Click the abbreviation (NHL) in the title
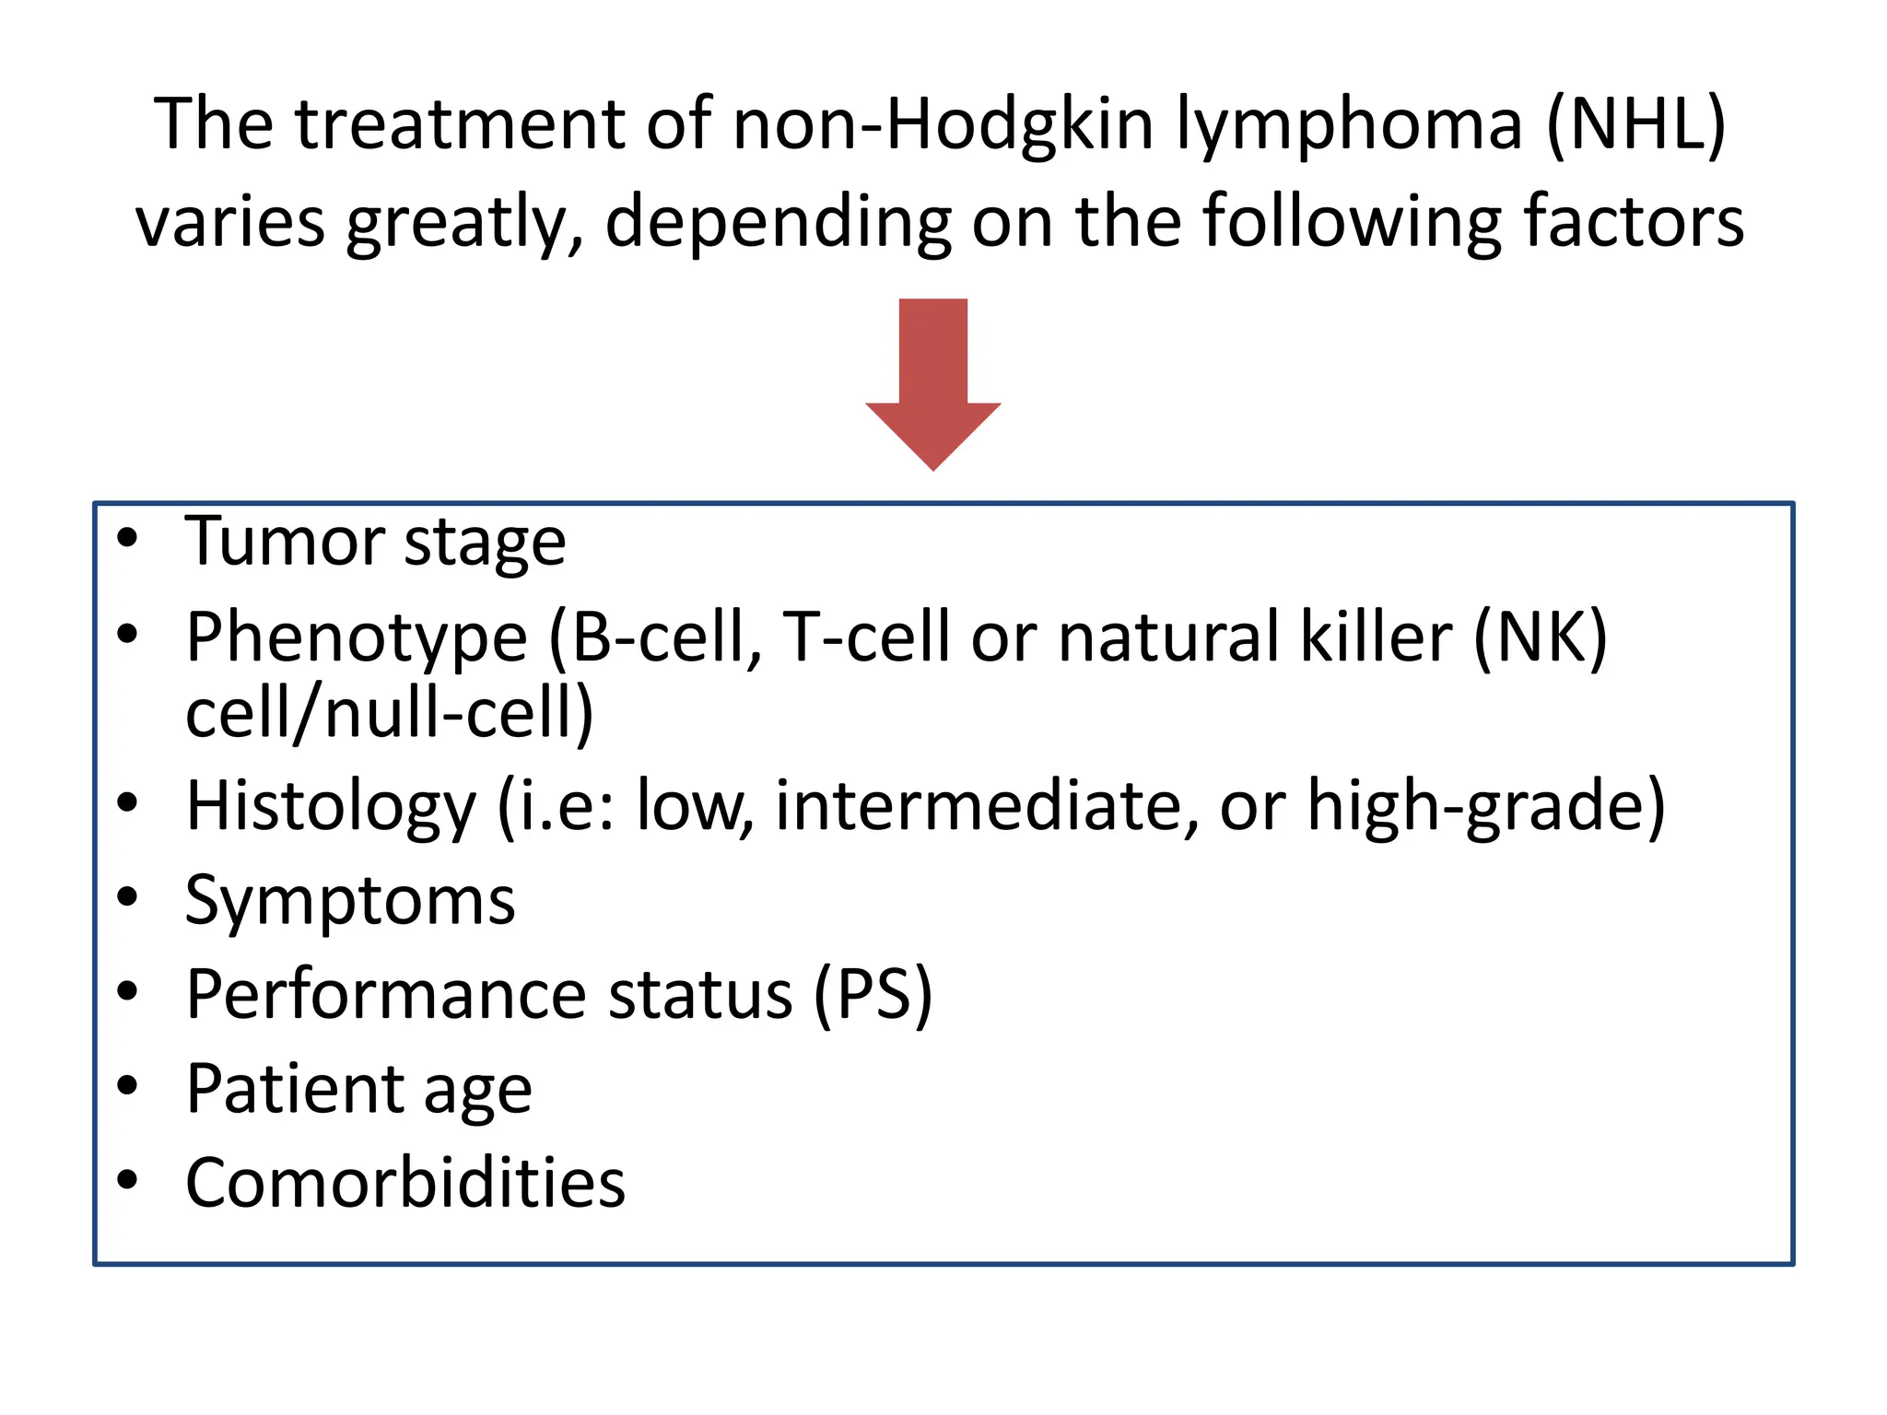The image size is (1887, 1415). point(1635,124)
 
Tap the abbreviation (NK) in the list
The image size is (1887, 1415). point(1540,637)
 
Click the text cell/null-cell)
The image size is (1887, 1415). point(389,714)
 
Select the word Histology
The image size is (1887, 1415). point(331,807)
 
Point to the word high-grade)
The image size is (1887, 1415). point(1486,807)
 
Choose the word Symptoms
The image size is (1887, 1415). point(350,902)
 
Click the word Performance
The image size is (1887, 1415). point(386,995)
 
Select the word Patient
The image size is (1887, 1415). point(293,1090)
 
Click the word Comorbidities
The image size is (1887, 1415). point(405,1183)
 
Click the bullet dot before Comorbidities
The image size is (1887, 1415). point(127,1179)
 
